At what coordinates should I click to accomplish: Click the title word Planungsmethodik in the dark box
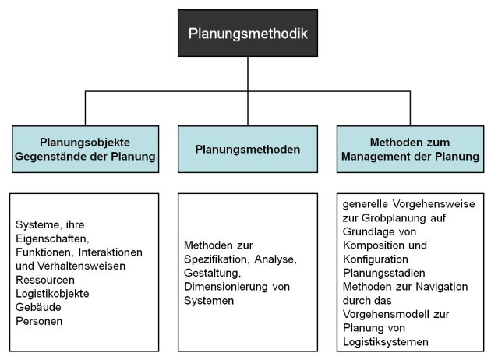pyautogui.click(x=248, y=34)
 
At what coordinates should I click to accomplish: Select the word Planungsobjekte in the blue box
pyautogui.click(x=85, y=143)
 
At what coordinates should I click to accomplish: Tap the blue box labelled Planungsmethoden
pyautogui.click(x=248, y=149)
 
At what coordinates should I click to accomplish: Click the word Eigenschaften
pyautogui.click(x=52, y=239)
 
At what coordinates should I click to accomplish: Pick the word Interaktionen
pyautogui.click(x=110, y=252)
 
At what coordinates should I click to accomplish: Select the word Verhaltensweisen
pyautogui.click(x=81, y=266)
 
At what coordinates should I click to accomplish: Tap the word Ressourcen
pyautogui.click(x=45, y=280)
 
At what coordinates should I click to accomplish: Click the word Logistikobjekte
pyautogui.click(x=52, y=294)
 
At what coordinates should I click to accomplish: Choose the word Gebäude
pyautogui.click(x=38, y=307)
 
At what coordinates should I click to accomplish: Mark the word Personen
pyautogui.click(x=39, y=321)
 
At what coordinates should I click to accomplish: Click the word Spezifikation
pyautogui.click(x=217, y=259)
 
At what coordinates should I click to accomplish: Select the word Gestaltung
pyautogui.click(x=212, y=273)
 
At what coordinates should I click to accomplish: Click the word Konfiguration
pyautogui.click(x=376, y=259)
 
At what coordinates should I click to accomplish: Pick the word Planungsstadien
pyautogui.click(x=384, y=273)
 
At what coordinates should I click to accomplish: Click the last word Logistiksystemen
pyautogui.click(x=386, y=342)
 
